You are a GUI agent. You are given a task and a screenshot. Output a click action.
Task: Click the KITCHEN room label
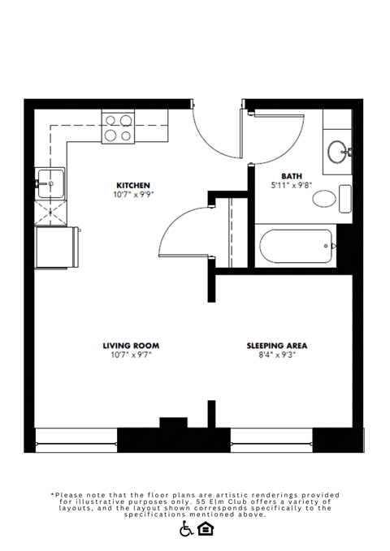[x=133, y=185]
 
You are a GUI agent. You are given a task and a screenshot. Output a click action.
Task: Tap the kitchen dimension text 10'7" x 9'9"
[x=133, y=195]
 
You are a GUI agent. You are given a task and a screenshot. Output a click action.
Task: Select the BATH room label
[x=292, y=175]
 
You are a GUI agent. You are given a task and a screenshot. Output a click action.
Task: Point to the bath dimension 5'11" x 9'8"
[x=292, y=185]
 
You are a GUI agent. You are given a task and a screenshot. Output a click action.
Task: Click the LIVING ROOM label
[x=131, y=345]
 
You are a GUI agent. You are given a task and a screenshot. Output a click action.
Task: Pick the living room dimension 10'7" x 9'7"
[x=131, y=355]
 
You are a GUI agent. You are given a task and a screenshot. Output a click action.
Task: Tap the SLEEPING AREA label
[x=277, y=345]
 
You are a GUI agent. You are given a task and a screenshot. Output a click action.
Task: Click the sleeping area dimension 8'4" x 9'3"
[x=277, y=355]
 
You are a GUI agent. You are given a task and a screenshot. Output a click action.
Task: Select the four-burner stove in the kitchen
[x=119, y=128]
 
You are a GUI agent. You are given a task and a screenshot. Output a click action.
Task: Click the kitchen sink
[x=51, y=184]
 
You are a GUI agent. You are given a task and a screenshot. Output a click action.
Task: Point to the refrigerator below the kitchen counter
[x=55, y=247]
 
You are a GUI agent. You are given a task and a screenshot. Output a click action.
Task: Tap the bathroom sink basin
[x=339, y=151]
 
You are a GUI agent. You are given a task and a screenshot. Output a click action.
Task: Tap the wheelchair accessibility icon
[x=186, y=529]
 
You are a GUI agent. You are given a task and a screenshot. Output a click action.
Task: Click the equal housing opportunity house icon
[x=206, y=529]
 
